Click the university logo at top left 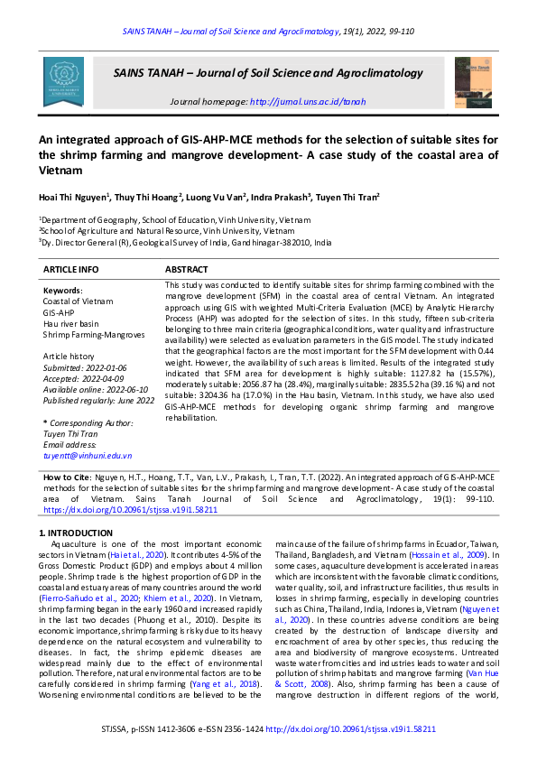point(63,81)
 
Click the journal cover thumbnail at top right point(474,81)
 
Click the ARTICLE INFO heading point(71,270)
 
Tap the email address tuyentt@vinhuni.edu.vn point(88,456)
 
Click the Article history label point(69,357)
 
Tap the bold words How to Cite point(67,476)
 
